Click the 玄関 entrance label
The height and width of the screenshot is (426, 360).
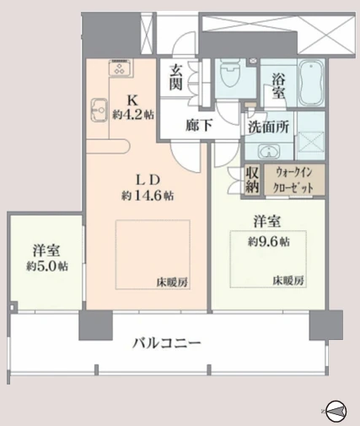(x=176, y=77)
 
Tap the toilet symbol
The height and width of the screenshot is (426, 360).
(x=230, y=73)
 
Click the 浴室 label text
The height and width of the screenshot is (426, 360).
(x=278, y=87)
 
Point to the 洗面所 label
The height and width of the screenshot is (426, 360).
(x=268, y=127)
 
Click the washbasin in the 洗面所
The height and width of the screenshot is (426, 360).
(x=269, y=152)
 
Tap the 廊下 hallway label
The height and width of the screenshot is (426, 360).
(x=199, y=125)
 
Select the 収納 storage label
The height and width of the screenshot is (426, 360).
(x=252, y=180)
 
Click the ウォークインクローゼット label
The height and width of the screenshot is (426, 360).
(x=294, y=180)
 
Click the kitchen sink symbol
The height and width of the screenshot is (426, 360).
(x=99, y=110)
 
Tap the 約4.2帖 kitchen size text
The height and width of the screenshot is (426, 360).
(x=133, y=115)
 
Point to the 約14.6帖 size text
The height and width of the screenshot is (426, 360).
(x=148, y=196)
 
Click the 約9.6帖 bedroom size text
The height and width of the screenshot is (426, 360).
(x=268, y=241)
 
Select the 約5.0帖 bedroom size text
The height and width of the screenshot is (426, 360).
(x=47, y=266)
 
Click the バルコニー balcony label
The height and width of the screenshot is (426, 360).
(x=167, y=343)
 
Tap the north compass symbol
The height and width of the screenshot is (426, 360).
(x=336, y=411)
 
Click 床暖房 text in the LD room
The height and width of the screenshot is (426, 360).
(x=172, y=283)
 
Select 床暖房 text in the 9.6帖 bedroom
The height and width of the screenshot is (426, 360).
(x=288, y=281)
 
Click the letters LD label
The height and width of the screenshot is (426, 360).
(x=148, y=181)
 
